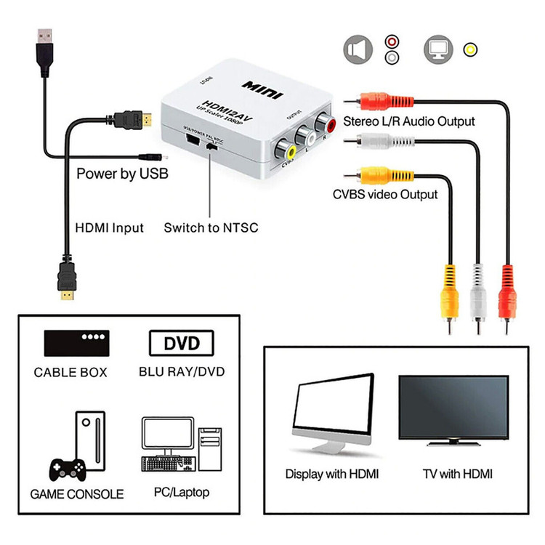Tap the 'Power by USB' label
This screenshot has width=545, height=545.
(x=122, y=174)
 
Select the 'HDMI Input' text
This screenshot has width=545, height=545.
(x=110, y=227)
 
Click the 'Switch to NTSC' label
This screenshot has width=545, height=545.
(x=211, y=227)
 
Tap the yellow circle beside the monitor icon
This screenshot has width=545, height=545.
(x=472, y=49)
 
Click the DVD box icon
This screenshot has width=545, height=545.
(x=182, y=342)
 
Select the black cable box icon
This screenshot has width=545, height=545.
(x=76, y=342)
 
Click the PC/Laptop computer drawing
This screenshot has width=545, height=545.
(x=182, y=447)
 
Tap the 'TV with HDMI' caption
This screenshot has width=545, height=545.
(x=458, y=474)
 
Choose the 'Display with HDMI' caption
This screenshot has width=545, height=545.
(x=332, y=474)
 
